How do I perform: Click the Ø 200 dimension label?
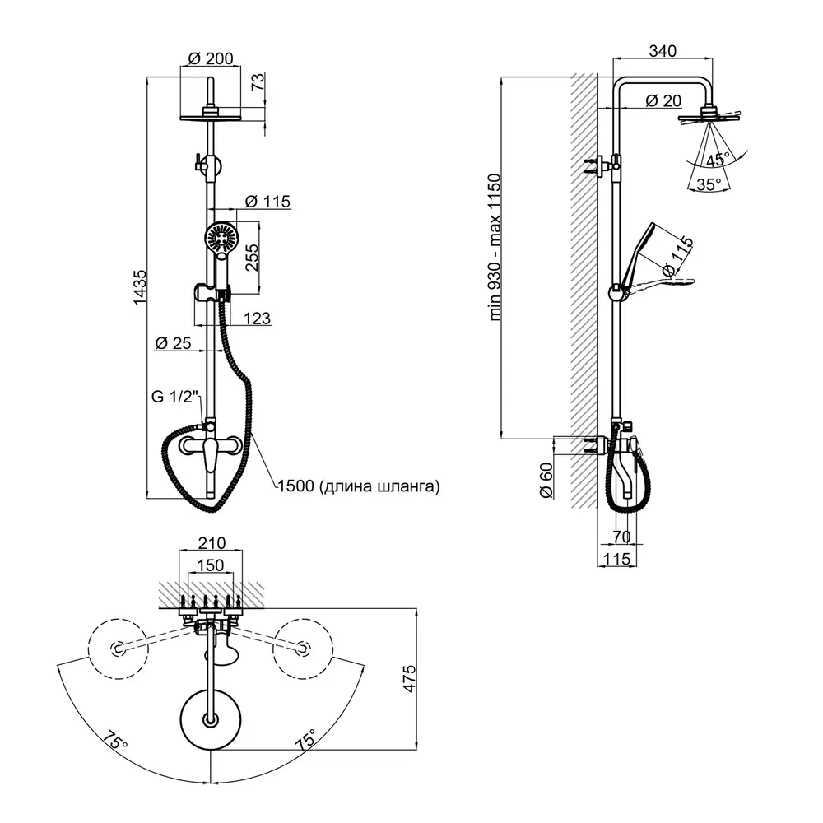tap(211, 58)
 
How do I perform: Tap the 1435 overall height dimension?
tap(139, 287)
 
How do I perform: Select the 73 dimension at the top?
tap(258, 81)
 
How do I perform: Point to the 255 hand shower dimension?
tap(252, 257)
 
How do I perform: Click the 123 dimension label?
tap(257, 318)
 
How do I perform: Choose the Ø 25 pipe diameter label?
tap(173, 343)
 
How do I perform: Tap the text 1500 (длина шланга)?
tap(359, 486)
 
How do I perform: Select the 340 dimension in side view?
tap(663, 51)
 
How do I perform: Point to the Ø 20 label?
tap(663, 100)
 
